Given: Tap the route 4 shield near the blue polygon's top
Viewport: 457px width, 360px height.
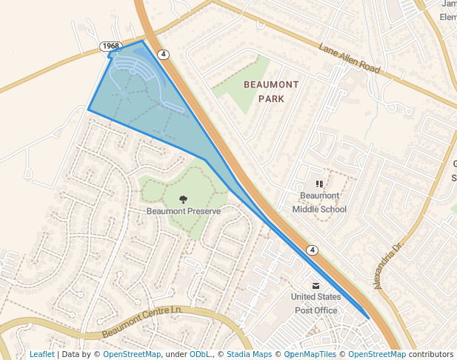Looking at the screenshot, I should coord(164,54).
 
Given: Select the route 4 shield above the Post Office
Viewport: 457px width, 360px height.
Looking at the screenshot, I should coord(313,250).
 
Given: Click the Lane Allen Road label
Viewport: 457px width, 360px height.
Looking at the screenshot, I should coord(349,59).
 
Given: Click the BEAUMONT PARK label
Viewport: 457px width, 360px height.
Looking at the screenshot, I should coord(271,91).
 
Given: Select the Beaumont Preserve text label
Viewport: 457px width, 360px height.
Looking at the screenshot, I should coord(184,211).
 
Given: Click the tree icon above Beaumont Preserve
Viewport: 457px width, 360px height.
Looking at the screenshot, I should coord(184,198).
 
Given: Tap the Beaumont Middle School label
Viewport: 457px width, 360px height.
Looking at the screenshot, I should coord(319,202).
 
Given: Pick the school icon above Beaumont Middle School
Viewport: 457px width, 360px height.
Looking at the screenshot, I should coord(319,183).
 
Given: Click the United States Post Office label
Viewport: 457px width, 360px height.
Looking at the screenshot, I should coord(316,304).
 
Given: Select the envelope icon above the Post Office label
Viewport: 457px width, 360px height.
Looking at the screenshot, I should coord(316,285).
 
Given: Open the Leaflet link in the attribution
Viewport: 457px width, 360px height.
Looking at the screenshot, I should coord(41,355).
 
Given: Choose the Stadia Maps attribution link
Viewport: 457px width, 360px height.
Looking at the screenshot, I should coord(249,355).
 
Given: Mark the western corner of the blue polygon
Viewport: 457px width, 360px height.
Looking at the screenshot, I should coord(89,110).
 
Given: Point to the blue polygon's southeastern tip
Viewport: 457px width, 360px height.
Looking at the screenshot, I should coord(368,318).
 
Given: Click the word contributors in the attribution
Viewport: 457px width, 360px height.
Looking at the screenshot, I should coord(430,355).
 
